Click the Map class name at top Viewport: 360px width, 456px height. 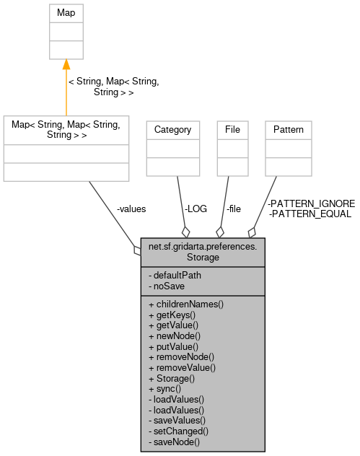(66, 13)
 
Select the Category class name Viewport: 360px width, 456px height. (173, 130)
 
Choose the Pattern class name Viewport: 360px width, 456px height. (289, 130)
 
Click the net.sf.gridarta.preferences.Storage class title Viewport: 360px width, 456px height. (203, 251)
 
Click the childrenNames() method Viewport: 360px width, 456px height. (185, 304)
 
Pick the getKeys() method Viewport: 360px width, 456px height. (172, 315)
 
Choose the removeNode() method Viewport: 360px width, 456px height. (181, 356)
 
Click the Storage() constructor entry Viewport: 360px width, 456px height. (171, 377)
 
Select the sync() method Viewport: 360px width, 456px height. (165, 388)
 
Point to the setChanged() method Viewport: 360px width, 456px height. (177, 430)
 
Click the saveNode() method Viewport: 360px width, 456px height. (174, 441)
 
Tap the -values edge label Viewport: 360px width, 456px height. (131, 209)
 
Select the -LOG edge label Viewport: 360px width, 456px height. (196, 209)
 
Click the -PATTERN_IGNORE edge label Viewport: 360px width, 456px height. (311, 204)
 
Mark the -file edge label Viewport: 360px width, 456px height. (233, 209)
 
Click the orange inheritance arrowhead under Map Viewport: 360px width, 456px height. (66, 66)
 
